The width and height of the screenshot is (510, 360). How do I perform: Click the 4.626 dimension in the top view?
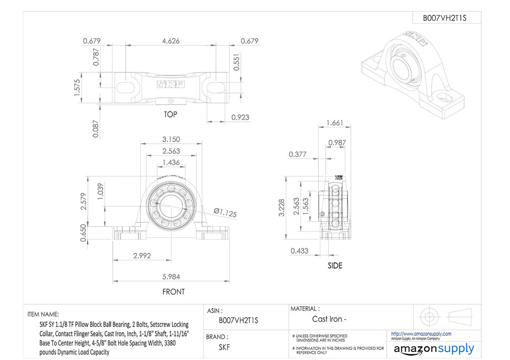170,41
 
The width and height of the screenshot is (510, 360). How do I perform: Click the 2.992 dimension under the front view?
142,255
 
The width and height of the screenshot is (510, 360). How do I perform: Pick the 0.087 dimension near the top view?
96,128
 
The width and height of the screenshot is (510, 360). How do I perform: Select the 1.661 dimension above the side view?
335,123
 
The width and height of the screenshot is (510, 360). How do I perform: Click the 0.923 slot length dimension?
240,117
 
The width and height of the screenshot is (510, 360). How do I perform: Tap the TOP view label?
170,115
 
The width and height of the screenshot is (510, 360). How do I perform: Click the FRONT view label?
173,292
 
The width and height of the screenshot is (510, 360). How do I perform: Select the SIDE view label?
335,266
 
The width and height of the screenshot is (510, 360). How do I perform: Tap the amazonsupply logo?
433,349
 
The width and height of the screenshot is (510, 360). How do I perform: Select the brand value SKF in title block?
224,348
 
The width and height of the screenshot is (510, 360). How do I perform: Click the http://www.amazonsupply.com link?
421,334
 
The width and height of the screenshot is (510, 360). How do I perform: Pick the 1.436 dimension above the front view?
170,162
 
